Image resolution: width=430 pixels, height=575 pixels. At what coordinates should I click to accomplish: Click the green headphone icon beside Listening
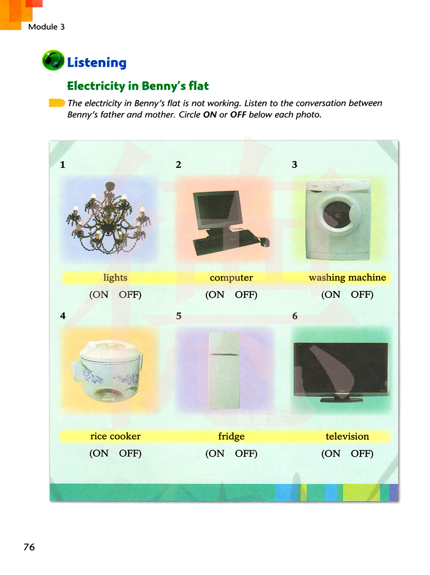[x=53, y=60]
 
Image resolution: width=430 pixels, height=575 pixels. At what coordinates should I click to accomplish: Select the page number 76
[x=29, y=547]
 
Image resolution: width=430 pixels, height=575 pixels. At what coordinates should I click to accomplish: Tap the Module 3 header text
[x=46, y=27]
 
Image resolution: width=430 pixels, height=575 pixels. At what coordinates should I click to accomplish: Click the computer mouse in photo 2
[x=264, y=241]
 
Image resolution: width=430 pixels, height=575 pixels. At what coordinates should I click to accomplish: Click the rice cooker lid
[x=110, y=350]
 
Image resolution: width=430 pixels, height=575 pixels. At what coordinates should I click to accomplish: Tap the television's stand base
[x=341, y=400]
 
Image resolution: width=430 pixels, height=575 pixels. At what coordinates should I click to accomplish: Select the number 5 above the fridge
[x=178, y=316]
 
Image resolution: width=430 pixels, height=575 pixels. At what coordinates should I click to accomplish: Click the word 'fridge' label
[x=231, y=436]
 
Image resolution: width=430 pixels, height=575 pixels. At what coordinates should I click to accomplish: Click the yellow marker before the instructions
[x=57, y=103]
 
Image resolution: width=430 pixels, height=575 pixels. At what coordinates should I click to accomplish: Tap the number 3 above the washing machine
[x=295, y=164]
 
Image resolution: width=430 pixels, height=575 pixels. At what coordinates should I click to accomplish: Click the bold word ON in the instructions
[x=210, y=115]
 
